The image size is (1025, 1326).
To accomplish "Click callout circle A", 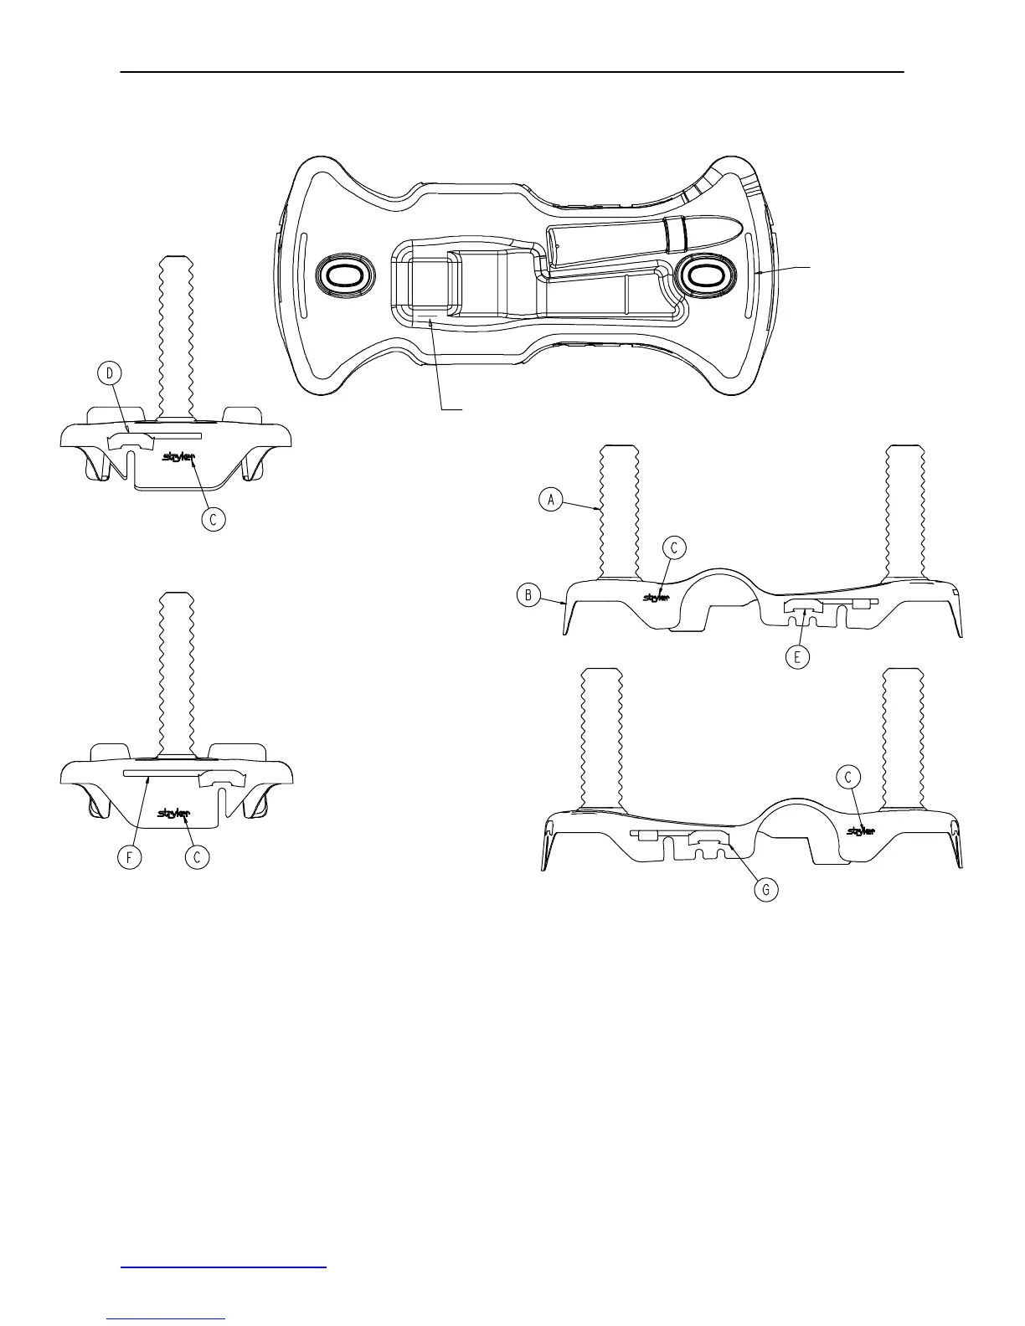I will pos(550,500).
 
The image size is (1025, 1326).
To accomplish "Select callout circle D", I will pos(109,373).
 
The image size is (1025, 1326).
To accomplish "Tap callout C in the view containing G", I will pos(848,778).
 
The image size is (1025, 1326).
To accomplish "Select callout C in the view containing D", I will pos(214,519).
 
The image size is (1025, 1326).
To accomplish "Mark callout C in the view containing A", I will pos(674,547).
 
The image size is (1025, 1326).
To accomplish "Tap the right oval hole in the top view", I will pos(703,275).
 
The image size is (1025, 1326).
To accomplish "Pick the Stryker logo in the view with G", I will pos(862,830).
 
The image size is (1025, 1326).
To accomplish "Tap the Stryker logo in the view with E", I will pos(656,597).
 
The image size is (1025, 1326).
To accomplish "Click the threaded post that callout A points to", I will pos(619,511).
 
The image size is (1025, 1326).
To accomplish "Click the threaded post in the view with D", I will pos(176,335).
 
